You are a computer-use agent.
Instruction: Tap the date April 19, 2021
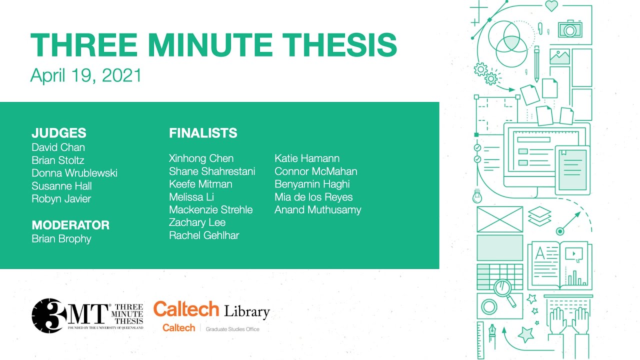[86, 75]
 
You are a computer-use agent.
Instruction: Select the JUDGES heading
[59, 133]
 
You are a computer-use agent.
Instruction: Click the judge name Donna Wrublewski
[74, 173]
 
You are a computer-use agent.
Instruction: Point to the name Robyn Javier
[61, 198]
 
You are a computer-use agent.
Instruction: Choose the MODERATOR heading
[70, 225]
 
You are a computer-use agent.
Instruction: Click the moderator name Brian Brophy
[61, 238]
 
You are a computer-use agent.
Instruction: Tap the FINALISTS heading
[203, 133]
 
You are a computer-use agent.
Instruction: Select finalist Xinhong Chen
[201, 158]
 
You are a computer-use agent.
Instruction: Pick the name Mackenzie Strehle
[210, 209]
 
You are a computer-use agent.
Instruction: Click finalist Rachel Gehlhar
[204, 235]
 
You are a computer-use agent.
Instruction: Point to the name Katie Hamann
[307, 158]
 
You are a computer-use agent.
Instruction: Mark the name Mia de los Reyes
[313, 197]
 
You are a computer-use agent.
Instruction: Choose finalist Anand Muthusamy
[317, 210]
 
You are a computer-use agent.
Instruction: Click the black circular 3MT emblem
[49, 315]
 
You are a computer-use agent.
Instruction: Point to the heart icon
[551, 6]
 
